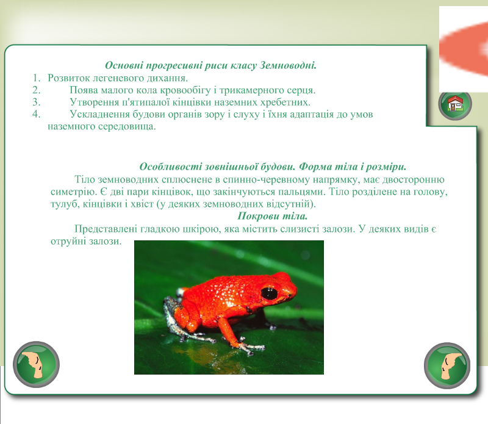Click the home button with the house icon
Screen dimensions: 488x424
455,104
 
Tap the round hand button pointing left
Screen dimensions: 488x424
36,365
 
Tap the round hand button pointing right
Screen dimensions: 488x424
447,366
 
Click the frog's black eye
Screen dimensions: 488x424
269,293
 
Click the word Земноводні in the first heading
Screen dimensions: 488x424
288,65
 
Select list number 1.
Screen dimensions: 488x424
37,78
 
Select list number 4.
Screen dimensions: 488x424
37,114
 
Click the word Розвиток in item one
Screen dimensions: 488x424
68,78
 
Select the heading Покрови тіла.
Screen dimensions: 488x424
272,216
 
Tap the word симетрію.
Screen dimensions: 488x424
74,192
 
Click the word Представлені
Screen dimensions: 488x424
106,229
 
